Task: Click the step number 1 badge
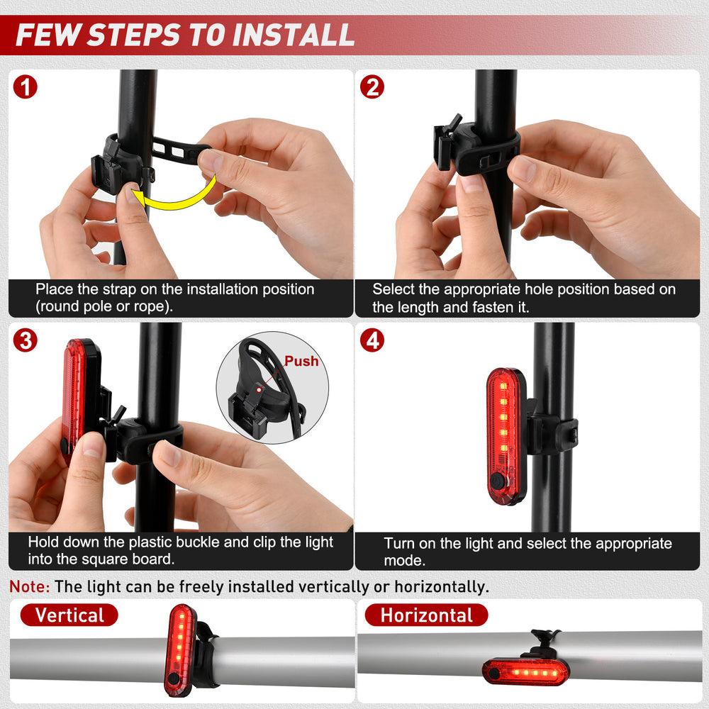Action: (x=26, y=86)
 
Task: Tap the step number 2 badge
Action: (x=372, y=86)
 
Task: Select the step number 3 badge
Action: (x=26, y=340)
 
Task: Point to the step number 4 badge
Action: (x=372, y=340)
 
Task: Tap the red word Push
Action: (x=301, y=361)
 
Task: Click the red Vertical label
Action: (x=69, y=615)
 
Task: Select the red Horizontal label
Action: (x=426, y=615)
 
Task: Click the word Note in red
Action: (x=29, y=586)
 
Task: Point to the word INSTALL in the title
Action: (x=294, y=35)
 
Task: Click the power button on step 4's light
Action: (x=498, y=481)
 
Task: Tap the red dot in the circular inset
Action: (x=259, y=390)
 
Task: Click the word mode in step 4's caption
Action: (x=404, y=560)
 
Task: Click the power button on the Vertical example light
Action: (x=173, y=679)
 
